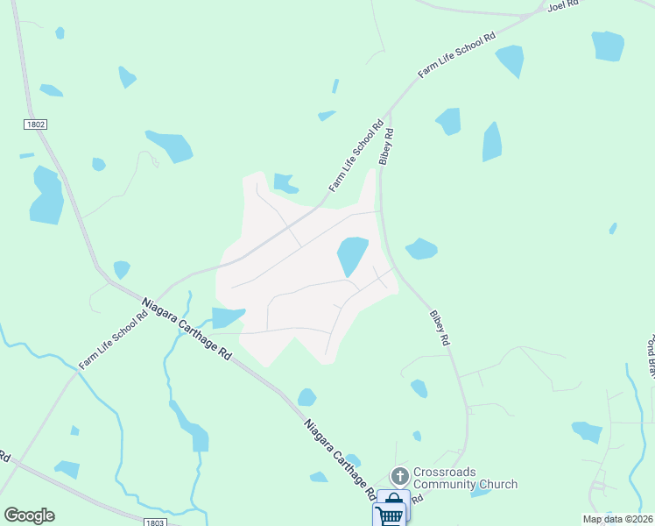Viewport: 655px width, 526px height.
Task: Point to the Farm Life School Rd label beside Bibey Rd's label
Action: click(x=356, y=157)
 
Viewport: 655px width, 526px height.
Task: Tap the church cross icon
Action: click(x=400, y=477)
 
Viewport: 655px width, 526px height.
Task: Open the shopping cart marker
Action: click(x=391, y=511)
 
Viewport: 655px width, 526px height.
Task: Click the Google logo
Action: click(x=29, y=515)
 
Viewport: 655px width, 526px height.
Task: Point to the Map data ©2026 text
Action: click(x=617, y=519)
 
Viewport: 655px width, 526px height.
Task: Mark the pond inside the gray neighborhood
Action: click(x=352, y=254)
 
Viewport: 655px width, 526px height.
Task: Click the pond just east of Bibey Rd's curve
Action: click(x=421, y=249)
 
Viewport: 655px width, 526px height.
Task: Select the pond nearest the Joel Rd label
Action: click(x=608, y=45)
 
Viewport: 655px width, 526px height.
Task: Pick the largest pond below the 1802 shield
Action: click(x=46, y=195)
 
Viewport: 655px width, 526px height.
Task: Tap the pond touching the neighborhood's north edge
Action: click(x=285, y=183)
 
